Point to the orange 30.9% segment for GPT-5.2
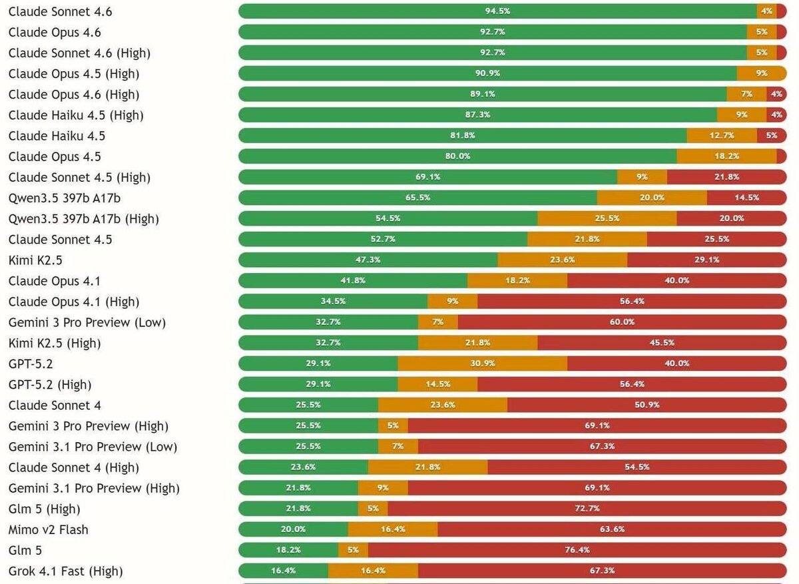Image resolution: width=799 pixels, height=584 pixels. [483, 364]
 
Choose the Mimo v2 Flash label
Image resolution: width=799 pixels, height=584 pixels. [48, 529]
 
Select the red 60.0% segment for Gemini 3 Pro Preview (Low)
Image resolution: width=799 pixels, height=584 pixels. [621, 322]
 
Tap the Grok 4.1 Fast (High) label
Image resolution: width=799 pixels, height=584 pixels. [65, 571]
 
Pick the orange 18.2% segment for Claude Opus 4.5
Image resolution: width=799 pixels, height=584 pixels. [726, 156]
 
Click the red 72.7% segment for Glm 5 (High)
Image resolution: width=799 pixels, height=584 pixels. [587, 509]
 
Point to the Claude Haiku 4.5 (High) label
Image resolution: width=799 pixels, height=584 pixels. [76, 115]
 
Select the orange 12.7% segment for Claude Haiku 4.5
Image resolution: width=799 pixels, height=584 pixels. [722, 136]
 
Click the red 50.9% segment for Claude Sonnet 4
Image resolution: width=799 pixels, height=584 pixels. [647, 405]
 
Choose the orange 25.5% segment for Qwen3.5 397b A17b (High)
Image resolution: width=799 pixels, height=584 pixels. [607, 218]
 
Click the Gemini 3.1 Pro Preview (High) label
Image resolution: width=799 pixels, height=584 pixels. [94, 488]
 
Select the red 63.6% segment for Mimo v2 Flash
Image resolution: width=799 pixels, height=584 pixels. [612, 529]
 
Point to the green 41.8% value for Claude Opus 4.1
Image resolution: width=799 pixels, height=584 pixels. [353, 281]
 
